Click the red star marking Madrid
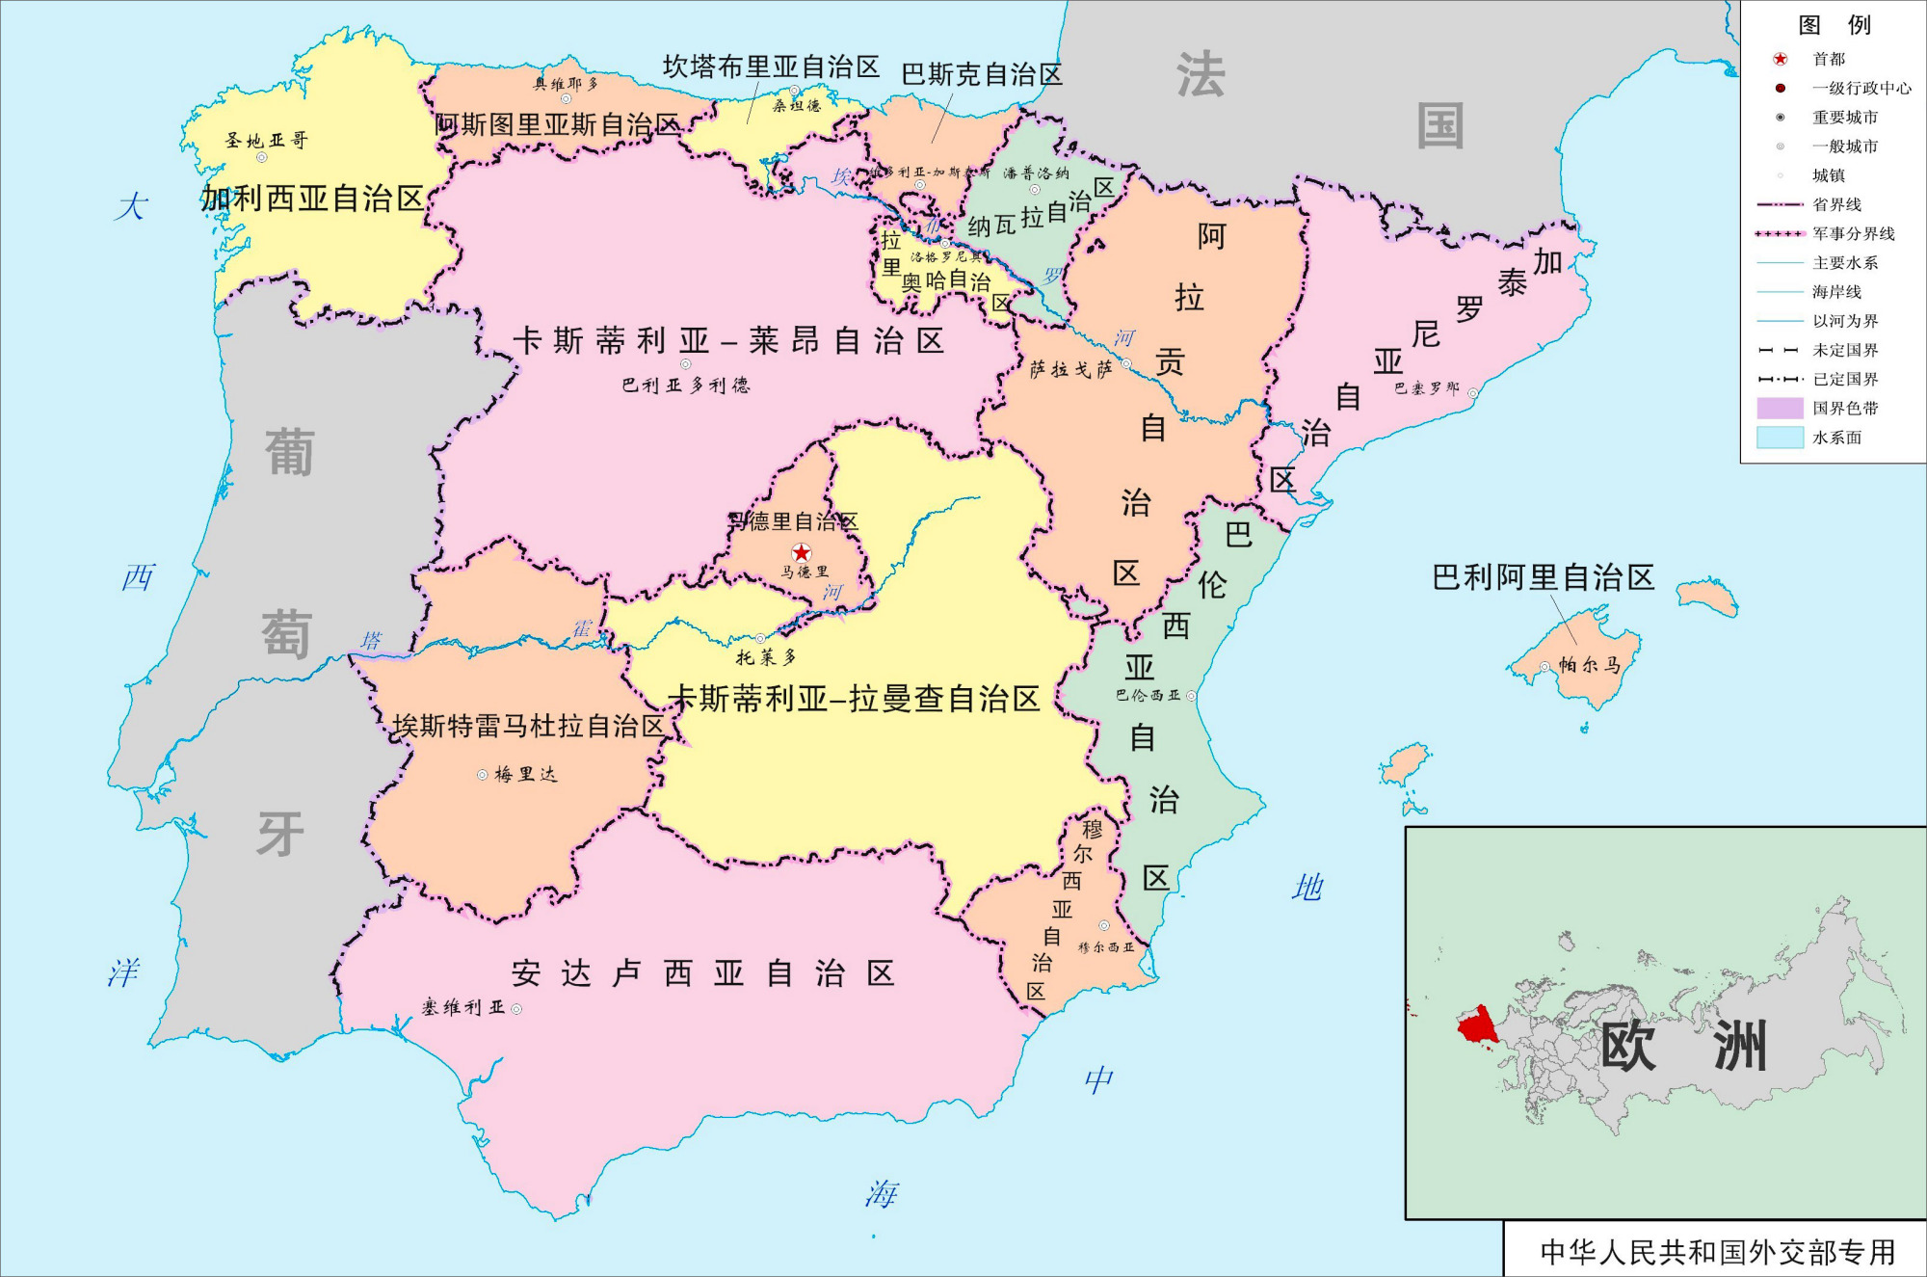pos(802,552)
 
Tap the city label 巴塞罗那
pos(1427,388)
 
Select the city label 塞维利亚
pos(463,1007)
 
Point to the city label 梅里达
pos(526,774)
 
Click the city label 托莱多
pos(766,657)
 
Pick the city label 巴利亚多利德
pos(685,385)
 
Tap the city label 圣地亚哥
pos(266,141)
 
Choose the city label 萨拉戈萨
pos(1070,369)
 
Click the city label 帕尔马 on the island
pos(1590,665)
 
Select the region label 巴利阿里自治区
pos(1543,577)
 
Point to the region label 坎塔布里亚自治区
pos(771,67)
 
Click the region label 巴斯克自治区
pos(981,74)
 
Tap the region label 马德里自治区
pos(793,521)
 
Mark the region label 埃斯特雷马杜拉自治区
pos(528,726)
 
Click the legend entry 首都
pos(1828,59)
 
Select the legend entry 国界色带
pos(1845,408)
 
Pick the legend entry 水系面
pos(1836,438)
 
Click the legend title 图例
pos(1834,24)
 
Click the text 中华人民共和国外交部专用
pos(1717,1252)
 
